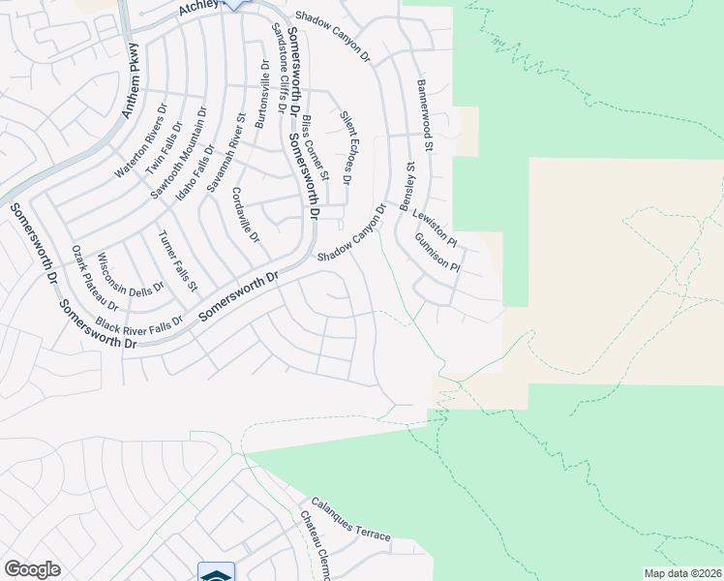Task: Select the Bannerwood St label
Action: click(425, 115)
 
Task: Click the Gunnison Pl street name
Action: click(437, 253)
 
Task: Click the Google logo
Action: click(32, 569)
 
